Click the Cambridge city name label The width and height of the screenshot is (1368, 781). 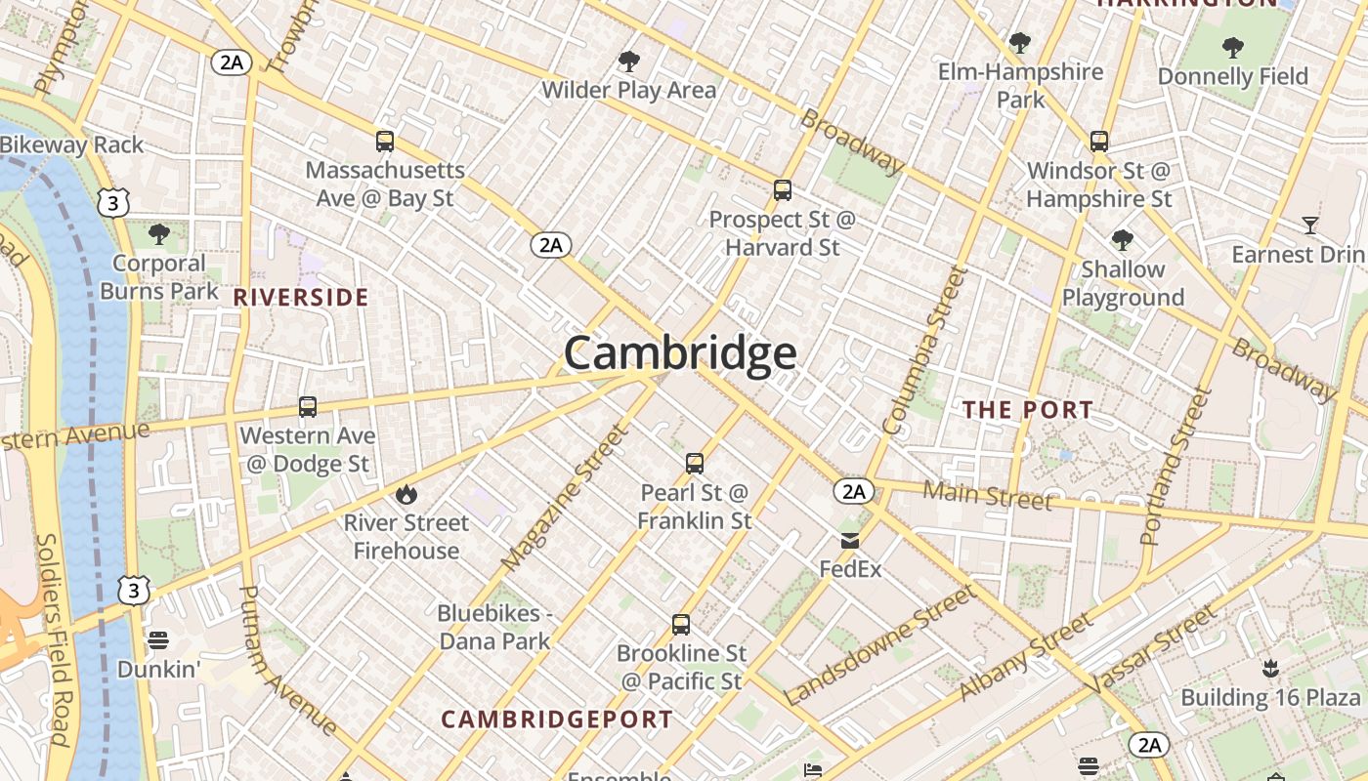(680, 353)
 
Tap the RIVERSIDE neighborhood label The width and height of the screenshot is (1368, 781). (301, 298)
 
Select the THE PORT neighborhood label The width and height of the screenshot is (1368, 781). (1028, 410)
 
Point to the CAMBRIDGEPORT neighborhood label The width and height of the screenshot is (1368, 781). (557, 720)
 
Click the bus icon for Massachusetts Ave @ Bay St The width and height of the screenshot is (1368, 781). (385, 142)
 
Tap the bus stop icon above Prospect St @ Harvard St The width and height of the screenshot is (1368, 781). (782, 190)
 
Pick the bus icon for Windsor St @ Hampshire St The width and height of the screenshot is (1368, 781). (1099, 142)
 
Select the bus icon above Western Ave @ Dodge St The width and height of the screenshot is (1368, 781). (308, 407)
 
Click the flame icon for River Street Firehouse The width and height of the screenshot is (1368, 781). (406, 495)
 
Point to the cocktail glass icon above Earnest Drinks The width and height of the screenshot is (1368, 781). (1310, 226)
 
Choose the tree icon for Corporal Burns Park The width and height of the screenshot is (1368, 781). (158, 234)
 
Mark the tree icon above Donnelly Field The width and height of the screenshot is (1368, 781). (1233, 47)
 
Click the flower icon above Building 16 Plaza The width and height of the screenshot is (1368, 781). (1270, 669)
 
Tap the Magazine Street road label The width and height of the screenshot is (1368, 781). (562, 498)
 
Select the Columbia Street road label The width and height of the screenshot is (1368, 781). (923, 349)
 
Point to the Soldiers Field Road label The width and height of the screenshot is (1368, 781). (54, 639)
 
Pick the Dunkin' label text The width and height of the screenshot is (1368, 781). (158, 670)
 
